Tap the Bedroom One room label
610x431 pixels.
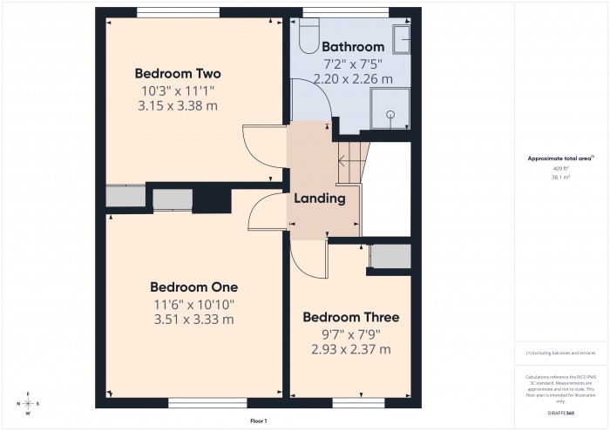point(193,286)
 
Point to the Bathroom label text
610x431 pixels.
point(353,46)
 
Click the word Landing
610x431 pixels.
point(320,199)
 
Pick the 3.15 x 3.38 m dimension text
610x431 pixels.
point(178,105)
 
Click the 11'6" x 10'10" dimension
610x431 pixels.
point(193,304)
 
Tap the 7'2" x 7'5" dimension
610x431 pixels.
point(353,64)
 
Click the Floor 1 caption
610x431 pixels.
point(258,421)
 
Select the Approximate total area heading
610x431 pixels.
point(559,158)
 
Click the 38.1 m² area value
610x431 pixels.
point(559,177)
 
